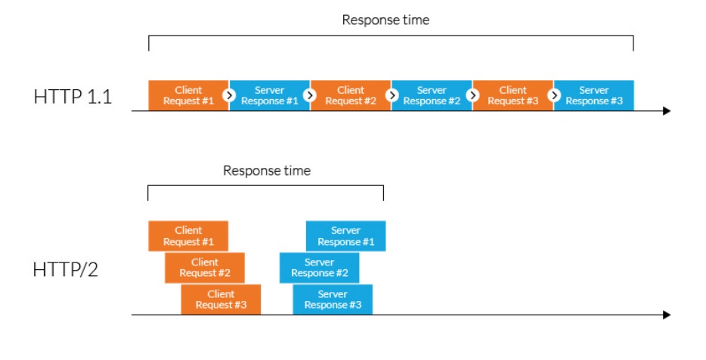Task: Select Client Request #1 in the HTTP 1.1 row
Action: click(x=188, y=95)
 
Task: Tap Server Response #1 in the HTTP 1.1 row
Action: click(x=270, y=95)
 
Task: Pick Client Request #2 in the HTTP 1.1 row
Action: click(x=351, y=95)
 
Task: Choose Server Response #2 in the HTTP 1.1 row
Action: click(x=432, y=95)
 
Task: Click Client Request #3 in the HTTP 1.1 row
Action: click(x=512, y=95)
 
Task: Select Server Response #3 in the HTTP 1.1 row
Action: click(x=594, y=95)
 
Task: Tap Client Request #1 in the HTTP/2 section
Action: click(x=188, y=236)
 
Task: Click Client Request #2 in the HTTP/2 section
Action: click(x=205, y=268)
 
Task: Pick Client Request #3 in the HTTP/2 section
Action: click(x=221, y=299)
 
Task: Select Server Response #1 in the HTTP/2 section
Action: click(x=346, y=236)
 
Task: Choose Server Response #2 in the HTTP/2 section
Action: click(x=319, y=268)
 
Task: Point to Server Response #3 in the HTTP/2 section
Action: click(x=333, y=299)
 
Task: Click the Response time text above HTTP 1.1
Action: click(x=386, y=20)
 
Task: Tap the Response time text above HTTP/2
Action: click(x=266, y=171)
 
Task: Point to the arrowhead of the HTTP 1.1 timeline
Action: click(x=667, y=111)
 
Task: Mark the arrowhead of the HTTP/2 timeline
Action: click(x=667, y=315)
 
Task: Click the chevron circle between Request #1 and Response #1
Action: click(x=229, y=95)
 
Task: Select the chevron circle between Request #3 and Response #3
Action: click(x=554, y=95)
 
